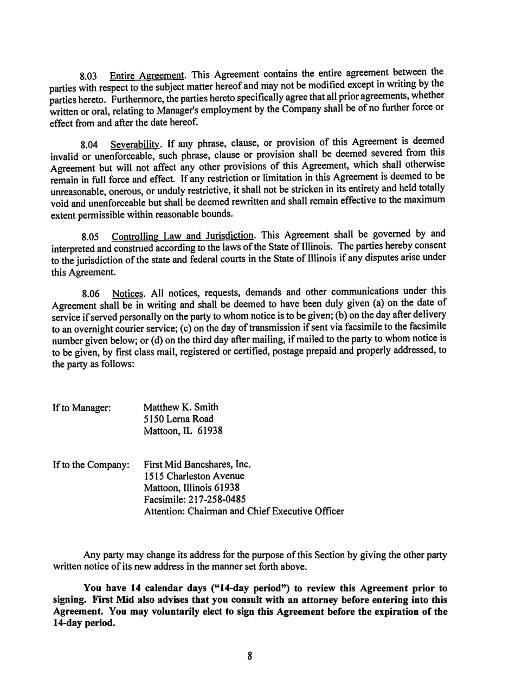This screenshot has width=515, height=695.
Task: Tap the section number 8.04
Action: click(89, 145)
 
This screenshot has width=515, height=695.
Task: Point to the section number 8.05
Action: click(90, 237)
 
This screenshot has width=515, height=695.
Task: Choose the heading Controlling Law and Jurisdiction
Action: click(183, 236)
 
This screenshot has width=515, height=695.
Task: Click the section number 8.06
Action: click(90, 295)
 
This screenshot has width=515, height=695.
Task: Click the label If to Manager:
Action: click(82, 407)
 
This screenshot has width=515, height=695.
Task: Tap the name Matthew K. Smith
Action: click(181, 407)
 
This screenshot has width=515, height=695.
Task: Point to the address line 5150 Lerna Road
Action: click(178, 419)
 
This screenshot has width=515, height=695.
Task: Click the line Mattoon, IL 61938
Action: click(183, 431)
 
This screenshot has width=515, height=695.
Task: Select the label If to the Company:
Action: click(91, 465)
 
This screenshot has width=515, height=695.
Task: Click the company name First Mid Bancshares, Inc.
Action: click(197, 464)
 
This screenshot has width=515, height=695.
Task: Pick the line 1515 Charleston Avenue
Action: click(194, 476)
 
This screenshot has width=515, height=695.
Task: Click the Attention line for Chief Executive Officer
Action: click(243, 511)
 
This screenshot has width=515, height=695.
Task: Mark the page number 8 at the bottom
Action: click(250, 656)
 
